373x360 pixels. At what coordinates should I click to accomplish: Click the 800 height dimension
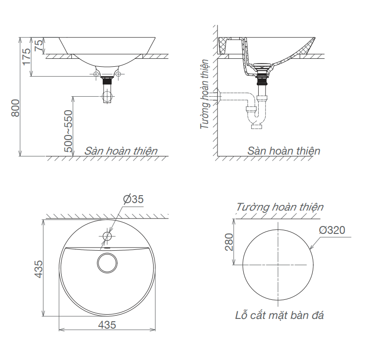tap(15, 108)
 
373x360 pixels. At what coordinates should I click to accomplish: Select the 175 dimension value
tap(27, 56)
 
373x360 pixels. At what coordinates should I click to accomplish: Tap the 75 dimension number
tap(39, 45)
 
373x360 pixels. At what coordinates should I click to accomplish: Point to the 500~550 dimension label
tap(68, 131)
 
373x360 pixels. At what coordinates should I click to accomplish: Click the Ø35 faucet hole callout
tap(133, 199)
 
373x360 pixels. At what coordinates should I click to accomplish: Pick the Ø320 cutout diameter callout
tap(332, 230)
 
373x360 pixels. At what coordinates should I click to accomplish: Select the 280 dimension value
tap(229, 242)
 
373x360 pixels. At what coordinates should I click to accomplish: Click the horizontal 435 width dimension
tap(107, 325)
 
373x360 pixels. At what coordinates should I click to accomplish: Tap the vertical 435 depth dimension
tap(39, 269)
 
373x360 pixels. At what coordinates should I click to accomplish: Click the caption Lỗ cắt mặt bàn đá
tap(279, 316)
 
